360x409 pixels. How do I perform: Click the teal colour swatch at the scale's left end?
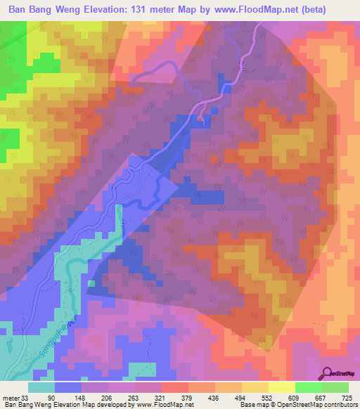(41, 388)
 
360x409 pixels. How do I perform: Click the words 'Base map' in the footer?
(255, 404)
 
